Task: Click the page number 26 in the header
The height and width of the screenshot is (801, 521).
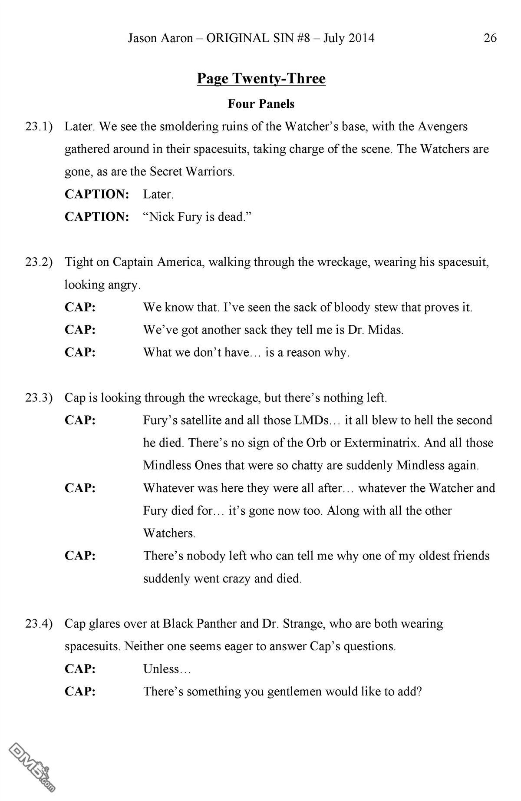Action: (490, 38)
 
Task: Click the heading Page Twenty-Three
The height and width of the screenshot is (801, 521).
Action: (261, 79)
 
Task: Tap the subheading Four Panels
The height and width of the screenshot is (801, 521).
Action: (261, 104)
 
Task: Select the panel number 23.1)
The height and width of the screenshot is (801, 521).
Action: (39, 126)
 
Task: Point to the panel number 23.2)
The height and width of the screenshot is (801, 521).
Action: (39, 262)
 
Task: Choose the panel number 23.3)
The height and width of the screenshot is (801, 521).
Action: (39, 397)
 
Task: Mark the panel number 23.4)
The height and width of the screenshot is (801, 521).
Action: (39, 623)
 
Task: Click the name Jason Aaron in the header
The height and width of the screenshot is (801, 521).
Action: (160, 38)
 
